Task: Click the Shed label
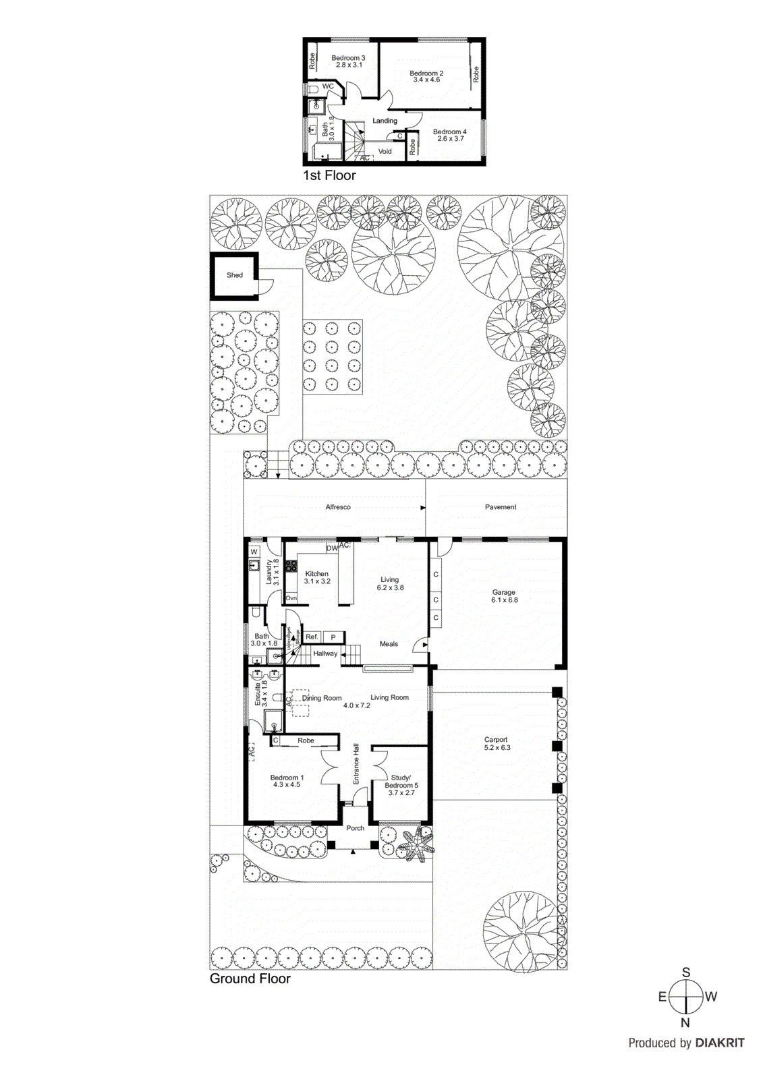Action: coord(234,275)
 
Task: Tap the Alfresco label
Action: coord(338,507)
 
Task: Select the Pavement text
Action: coord(501,507)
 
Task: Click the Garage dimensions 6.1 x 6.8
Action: coord(504,600)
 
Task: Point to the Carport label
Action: coord(496,740)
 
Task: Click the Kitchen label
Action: coord(316,574)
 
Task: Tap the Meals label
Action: coord(389,644)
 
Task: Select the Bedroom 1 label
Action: coord(287,778)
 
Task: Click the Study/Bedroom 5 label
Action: coord(401,782)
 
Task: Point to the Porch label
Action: coord(355,828)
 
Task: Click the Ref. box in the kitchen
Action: coord(312,637)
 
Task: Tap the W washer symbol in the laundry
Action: coord(254,552)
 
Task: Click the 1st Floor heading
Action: coord(329,175)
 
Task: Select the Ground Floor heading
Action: coord(250,979)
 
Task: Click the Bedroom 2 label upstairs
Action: coord(426,74)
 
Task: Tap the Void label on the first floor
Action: coord(385,152)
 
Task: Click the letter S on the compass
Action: coord(686,972)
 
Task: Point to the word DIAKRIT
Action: coord(720,1043)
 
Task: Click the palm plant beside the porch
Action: coord(416,845)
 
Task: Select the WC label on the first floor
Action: coord(328,86)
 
